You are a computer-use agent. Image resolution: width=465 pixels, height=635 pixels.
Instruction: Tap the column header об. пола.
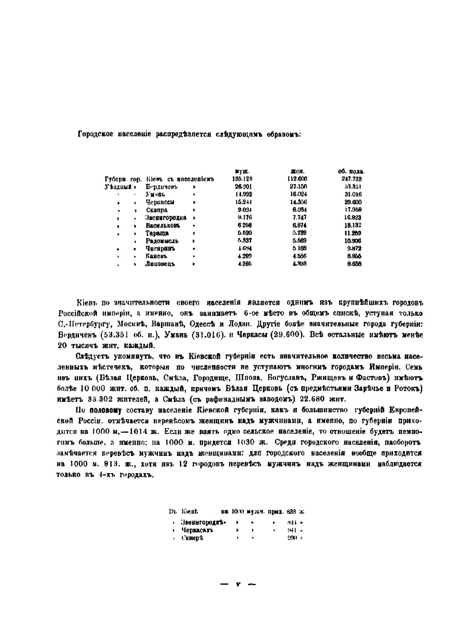(x=351, y=171)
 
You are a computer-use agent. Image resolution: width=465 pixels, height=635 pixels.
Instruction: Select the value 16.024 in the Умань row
(x=298, y=194)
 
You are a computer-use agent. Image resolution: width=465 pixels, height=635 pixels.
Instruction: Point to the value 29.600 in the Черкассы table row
(x=353, y=202)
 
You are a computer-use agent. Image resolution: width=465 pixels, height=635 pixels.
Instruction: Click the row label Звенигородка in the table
(x=166, y=218)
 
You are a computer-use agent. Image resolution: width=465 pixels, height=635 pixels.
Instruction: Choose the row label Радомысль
(x=162, y=241)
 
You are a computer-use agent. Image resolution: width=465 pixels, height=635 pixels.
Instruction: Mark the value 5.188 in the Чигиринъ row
(x=299, y=249)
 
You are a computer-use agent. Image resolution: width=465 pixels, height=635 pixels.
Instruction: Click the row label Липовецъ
(x=159, y=264)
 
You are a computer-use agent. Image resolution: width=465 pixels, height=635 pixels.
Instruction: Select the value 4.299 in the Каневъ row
(x=244, y=256)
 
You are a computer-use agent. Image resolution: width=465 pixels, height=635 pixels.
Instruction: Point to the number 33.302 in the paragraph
(x=100, y=399)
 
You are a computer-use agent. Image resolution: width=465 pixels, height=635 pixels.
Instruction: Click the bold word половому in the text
(x=105, y=410)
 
